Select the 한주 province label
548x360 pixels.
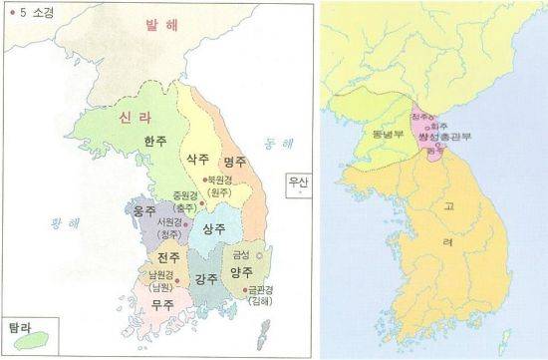pos(155,141)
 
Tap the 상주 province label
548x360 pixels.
pos(213,228)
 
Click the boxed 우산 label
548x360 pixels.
pos(297,182)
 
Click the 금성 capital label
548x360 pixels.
pos(241,254)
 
